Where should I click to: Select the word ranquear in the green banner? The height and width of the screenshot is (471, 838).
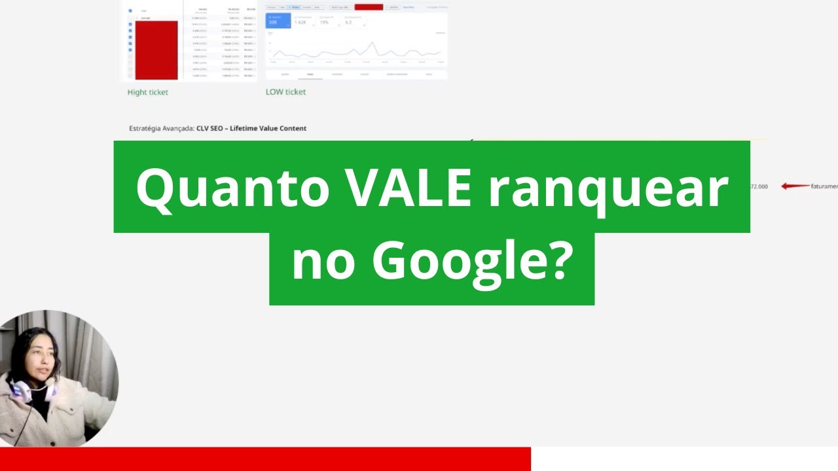coord(608,188)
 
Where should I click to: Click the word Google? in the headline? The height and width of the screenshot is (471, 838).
coord(469,260)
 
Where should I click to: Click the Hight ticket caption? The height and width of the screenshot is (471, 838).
coord(147,92)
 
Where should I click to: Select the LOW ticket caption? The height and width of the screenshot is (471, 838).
coord(285,92)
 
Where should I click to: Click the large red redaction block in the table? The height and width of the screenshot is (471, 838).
coord(156,50)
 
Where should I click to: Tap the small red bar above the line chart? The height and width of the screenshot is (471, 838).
coord(369,7)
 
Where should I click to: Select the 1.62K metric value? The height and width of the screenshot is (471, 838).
coord(301,22)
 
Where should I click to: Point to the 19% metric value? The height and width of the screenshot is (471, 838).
coord(324,22)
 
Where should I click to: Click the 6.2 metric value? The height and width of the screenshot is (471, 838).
coord(348,22)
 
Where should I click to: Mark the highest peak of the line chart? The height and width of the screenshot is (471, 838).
coord(373,43)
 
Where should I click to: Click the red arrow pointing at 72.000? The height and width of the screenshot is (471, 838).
coord(795,186)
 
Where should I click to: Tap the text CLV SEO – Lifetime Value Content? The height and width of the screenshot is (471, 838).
coord(251,128)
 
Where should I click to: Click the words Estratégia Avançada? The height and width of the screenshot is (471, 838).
coord(162,128)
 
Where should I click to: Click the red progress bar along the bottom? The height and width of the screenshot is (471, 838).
coord(265,459)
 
